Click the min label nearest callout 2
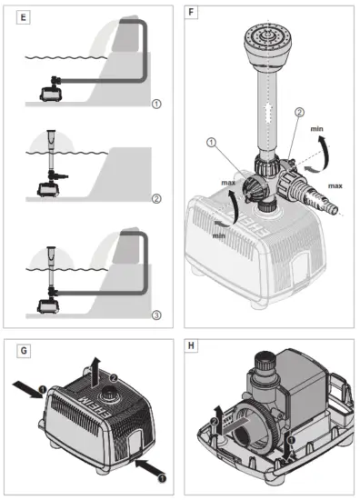(318, 132)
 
